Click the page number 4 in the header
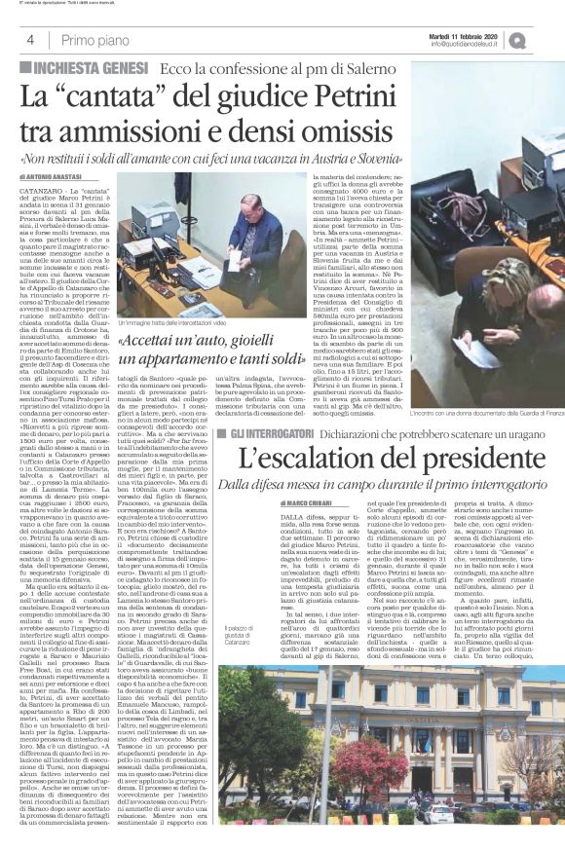30,40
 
